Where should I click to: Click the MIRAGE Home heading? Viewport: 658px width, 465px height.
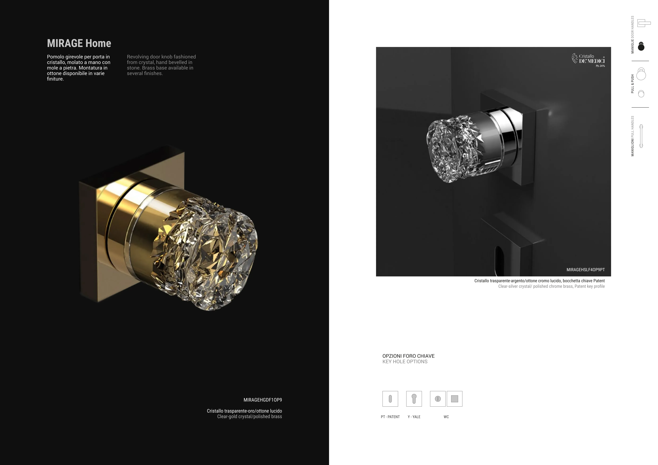79,43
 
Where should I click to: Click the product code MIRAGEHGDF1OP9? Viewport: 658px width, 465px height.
263,400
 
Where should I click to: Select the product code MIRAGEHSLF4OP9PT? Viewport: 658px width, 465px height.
585,270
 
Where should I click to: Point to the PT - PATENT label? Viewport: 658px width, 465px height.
390,417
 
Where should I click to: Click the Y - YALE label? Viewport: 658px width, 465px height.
414,417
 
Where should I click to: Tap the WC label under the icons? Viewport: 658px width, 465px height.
446,417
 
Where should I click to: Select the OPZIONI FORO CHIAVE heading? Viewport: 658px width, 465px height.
408,356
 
